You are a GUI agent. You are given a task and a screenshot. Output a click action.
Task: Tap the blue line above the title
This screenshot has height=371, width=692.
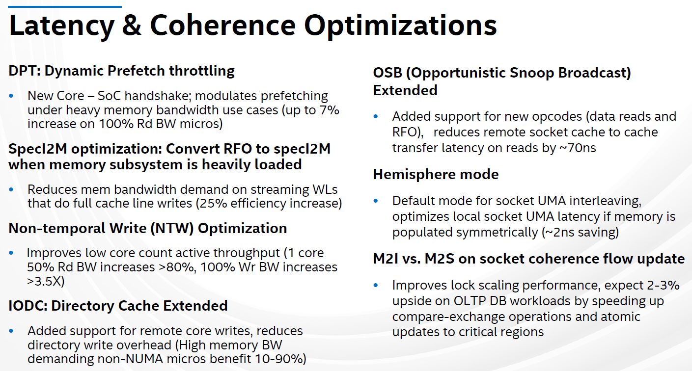pyautogui.click(x=65, y=6)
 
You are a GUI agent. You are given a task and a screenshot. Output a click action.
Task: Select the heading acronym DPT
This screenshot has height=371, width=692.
pyautogui.click(x=23, y=71)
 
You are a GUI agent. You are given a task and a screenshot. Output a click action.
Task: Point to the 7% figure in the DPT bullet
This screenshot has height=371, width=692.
pyautogui.click(x=330, y=110)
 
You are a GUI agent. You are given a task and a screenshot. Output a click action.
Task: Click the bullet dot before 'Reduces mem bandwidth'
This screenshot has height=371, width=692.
pyautogui.click(x=11, y=189)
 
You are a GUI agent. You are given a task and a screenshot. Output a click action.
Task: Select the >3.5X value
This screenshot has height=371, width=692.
pyautogui.click(x=45, y=281)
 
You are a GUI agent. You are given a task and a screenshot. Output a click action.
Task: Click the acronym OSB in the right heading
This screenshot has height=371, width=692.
pyautogui.click(x=388, y=73)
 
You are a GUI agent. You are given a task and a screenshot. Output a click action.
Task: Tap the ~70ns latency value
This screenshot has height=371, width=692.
pyautogui.click(x=578, y=148)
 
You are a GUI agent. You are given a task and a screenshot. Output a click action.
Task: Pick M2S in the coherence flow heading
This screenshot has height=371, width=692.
pyautogui.click(x=439, y=259)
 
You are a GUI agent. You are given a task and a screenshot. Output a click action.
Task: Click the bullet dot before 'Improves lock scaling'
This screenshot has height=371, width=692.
pyautogui.click(x=376, y=285)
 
